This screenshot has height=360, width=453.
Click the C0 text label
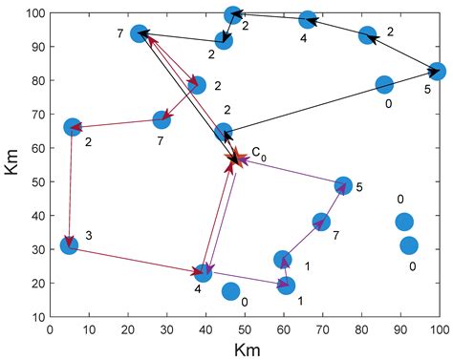(259, 152)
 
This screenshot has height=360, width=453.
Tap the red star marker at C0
(235, 159)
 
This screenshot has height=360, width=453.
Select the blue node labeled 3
(69, 245)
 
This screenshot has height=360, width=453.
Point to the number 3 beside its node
(88, 235)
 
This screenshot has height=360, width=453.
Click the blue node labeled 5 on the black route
(437, 72)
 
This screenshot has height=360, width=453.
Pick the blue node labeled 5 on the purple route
(343, 185)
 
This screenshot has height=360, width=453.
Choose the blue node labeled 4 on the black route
(308, 20)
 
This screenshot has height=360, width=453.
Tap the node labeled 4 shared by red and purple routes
(203, 274)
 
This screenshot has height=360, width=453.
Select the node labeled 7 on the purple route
(321, 222)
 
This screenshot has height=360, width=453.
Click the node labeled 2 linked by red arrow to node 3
(73, 127)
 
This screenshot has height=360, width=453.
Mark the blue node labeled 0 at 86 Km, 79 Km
(384, 85)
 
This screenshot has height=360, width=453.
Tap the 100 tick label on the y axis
(32, 13)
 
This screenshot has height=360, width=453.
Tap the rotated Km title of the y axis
(11, 165)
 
